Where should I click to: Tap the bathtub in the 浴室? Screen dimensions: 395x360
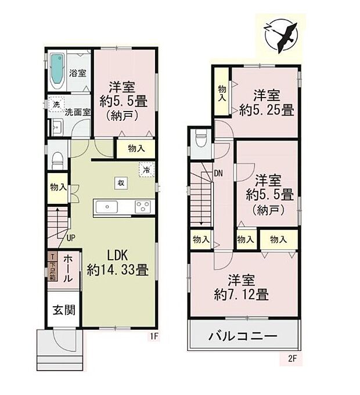(x=57, y=68)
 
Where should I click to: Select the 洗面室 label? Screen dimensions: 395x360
(x=77, y=112)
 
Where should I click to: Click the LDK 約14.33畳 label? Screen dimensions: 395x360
(x=117, y=263)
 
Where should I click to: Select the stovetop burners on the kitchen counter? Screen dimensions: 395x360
(x=142, y=206)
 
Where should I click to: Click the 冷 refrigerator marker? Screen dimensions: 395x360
(x=146, y=171)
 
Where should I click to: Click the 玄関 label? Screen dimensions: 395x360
(x=64, y=310)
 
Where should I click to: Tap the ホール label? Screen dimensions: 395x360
(x=67, y=268)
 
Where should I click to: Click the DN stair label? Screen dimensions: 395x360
(x=218, y=173)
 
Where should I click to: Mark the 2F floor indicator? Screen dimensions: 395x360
(x=293, y=358)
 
